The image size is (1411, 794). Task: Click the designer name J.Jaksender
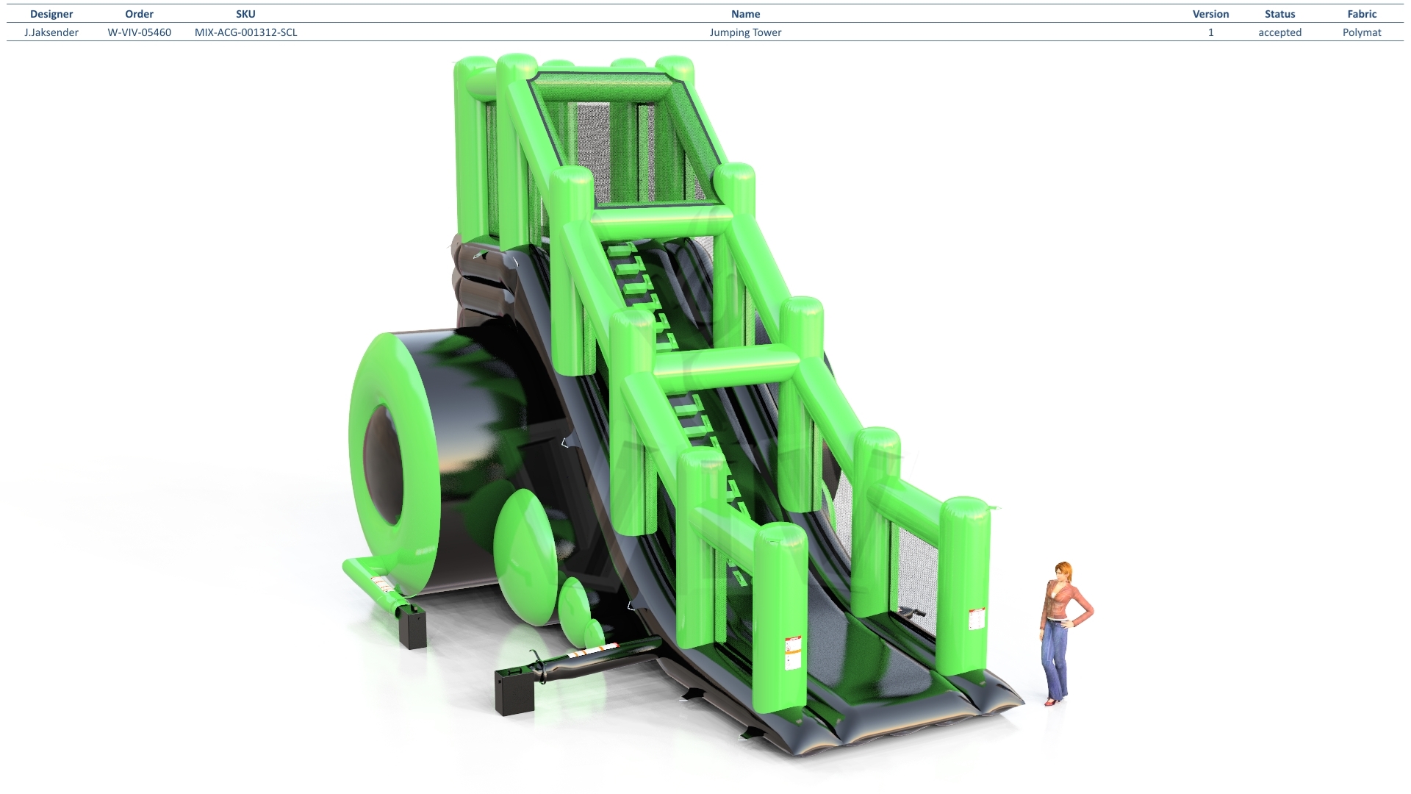pyautogui.click(x=51, y=32)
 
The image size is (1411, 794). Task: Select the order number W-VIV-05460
pyautogui.click(x=140, y=32)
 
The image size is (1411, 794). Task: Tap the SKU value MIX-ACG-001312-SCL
pyautogui.click(x=246, y=32)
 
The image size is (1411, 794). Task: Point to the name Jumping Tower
pyautogui.click(x=745, y=32)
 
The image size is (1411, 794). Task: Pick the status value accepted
pyautogui.click(x=1279, y=32)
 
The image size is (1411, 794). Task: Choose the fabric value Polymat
pyautogui.click(x=1362, y=32)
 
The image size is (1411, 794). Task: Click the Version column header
pyautogui.click(x=1210, y=14)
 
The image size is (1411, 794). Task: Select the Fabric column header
pyautogui.click(x=1362, y=14)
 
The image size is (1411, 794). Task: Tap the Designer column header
pyautogui.click(x=51, y=14)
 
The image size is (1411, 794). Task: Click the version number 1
pyautogui.click(x=1211, y=32)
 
